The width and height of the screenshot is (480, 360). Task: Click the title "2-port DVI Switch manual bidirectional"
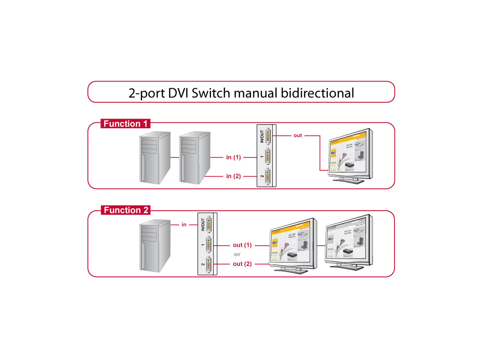coord(241,92)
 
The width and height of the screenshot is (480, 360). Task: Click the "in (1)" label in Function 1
coord(233,157)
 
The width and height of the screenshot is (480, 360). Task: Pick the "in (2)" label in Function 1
coord(233,176)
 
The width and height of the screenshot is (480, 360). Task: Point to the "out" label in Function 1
coord(298,136)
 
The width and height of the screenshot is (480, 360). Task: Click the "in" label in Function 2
coord(184,224)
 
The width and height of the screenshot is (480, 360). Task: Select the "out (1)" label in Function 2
coord(242,245)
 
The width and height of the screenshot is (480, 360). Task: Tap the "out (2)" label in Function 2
coord(242,264)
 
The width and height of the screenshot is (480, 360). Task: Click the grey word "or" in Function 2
coord(237,254)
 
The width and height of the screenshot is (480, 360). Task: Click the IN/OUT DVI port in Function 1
coord(267,137)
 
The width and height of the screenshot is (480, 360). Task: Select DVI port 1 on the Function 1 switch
coord(267,157)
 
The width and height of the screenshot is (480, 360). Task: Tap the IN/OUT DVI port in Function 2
coord(209,225)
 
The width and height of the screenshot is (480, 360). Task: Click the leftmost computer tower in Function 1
coord(155,158)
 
